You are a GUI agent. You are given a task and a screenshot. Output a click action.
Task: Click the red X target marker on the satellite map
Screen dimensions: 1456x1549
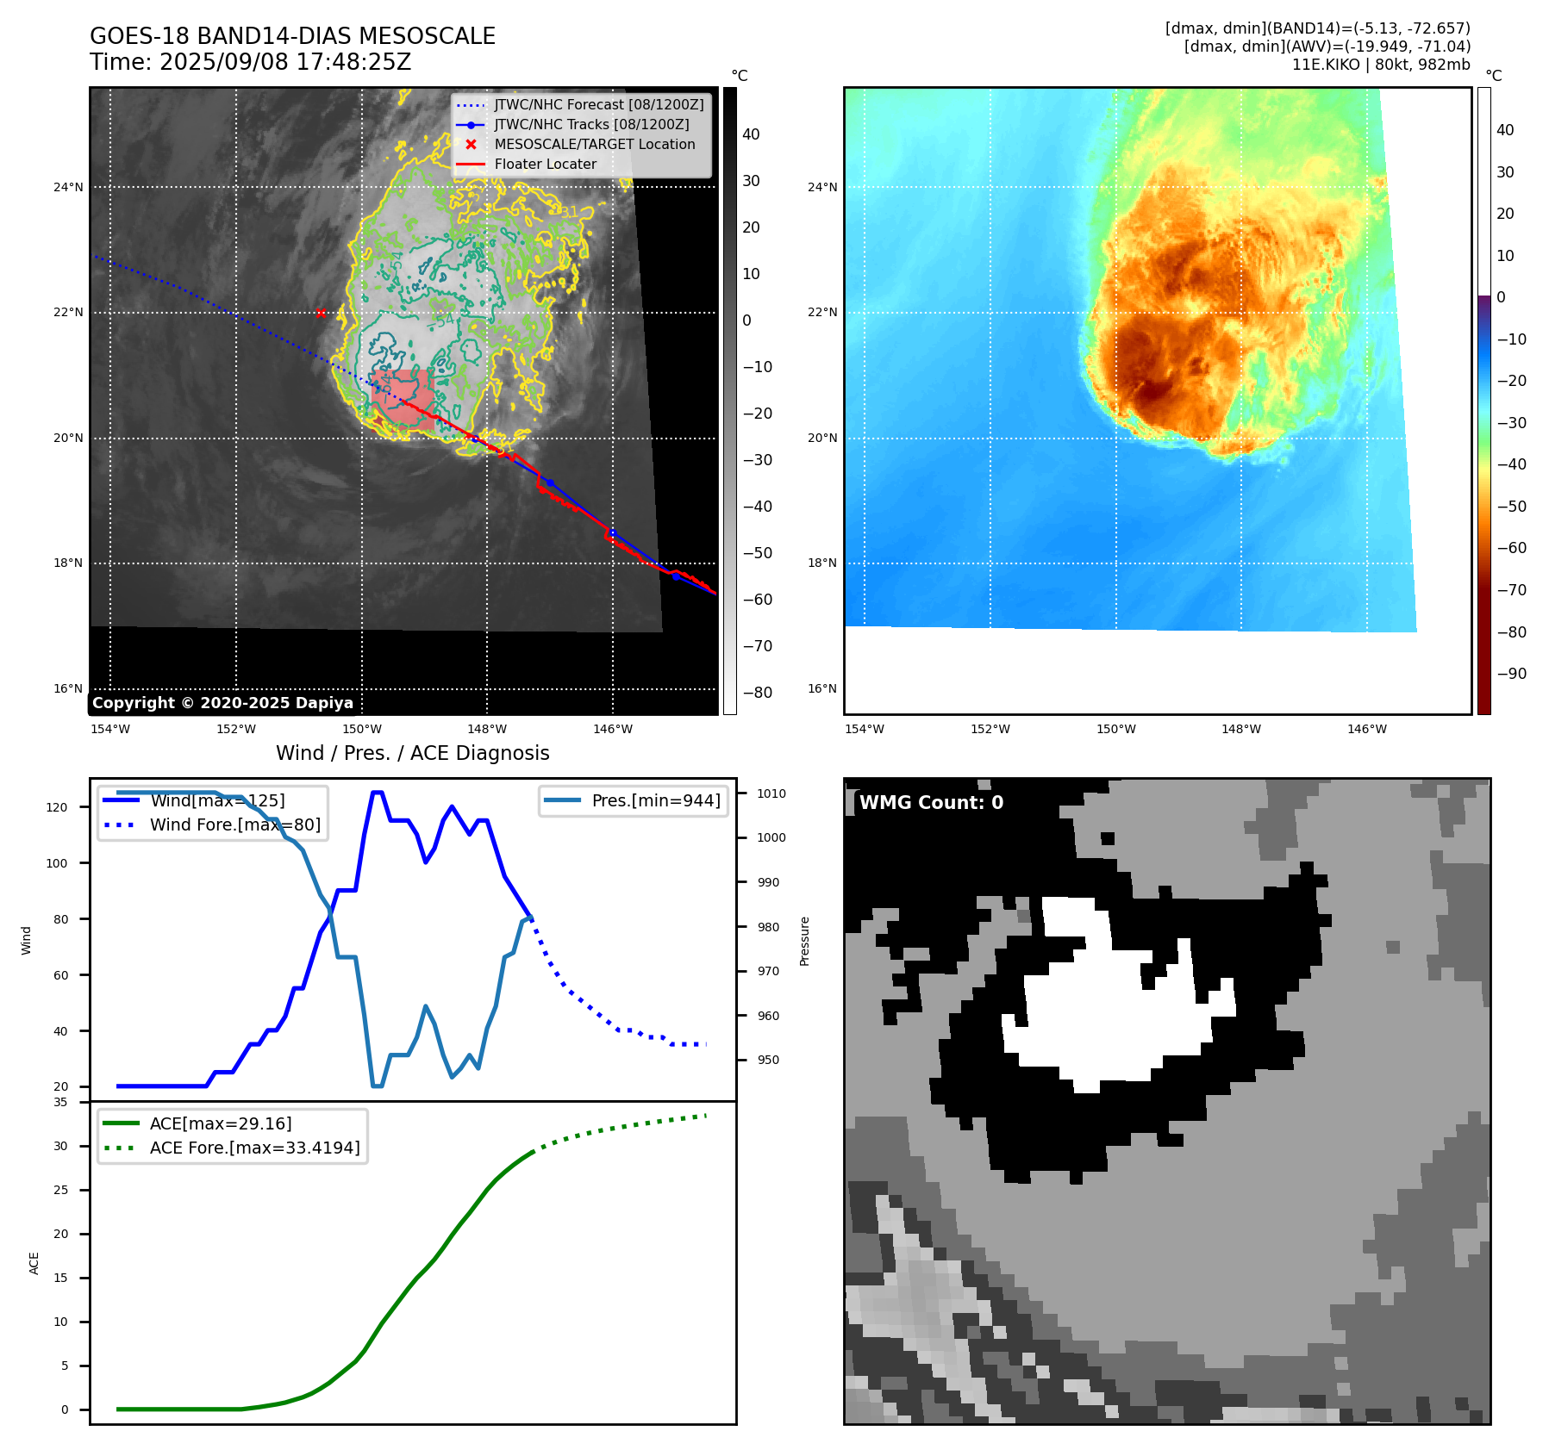coord(321,313)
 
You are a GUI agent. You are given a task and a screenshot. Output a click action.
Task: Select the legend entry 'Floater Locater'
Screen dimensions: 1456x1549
coord(545,165)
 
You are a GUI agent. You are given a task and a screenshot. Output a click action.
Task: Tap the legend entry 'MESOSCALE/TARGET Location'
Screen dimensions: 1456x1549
coord(594,145)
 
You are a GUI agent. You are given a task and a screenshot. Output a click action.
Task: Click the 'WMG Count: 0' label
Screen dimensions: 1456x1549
coord(931,803)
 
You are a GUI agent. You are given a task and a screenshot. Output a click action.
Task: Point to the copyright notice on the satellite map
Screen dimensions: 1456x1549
coord(222,703)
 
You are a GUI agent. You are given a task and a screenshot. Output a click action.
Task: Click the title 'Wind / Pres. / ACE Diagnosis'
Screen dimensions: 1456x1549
coord(412,753)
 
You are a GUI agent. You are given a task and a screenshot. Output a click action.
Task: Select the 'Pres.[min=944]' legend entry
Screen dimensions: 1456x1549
coord(655,800)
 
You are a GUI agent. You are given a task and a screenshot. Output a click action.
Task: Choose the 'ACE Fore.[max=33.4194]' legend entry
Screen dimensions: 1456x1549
coord(254,1148)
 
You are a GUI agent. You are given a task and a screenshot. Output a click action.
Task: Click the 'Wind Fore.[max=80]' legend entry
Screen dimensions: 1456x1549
coord(234,824)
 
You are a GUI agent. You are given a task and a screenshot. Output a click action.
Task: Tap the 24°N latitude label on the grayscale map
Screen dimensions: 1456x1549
coord(68,187)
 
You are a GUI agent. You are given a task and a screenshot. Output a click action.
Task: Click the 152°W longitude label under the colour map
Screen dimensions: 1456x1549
coord(990,730)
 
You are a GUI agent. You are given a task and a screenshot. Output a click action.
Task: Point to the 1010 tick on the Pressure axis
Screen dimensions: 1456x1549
coord(771,793)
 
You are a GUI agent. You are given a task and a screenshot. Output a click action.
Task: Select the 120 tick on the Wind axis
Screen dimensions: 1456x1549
coord(56,807)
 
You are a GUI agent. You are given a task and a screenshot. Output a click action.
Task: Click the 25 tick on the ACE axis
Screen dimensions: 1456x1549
coord(60,1191)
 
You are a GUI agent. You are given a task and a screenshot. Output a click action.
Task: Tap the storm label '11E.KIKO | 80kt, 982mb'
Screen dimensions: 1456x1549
coord(1381,65)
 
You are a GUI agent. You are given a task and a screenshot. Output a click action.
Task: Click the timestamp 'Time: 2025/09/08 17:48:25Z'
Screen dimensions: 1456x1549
coord(251,62)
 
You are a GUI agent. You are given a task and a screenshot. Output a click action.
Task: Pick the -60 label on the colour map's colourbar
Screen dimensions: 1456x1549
coord(1511,548)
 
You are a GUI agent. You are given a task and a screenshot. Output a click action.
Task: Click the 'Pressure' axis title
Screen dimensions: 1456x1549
coord(804,941)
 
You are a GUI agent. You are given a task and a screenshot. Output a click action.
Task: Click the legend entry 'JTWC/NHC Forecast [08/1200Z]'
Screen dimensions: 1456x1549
coord(598,105)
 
